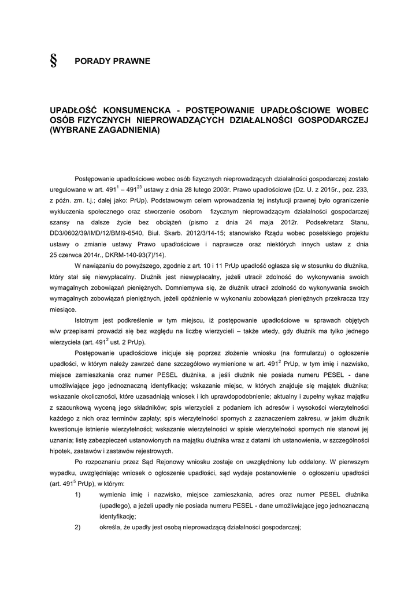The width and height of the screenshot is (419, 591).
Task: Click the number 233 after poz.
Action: click(362, 189)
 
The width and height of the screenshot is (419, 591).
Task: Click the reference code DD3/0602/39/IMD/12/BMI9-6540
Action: click(101, 233)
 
